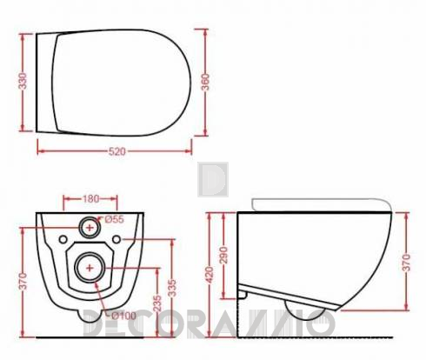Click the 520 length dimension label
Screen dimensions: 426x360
point(117,151)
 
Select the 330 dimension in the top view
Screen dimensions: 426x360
point(23,81)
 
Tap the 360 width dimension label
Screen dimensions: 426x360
point(205,82)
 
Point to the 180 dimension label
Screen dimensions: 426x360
point(91,199)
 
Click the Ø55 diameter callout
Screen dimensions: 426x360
point(114,219)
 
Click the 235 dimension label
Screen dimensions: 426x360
point(157,303)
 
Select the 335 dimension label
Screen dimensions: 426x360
point(172,288)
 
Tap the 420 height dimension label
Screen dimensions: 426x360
point(210,275)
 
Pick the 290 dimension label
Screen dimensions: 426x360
point(223,255)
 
